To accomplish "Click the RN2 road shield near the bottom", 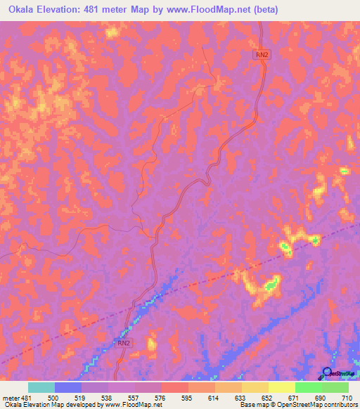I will click(x=124, y=343).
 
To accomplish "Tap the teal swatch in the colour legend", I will click(x=41, y=387).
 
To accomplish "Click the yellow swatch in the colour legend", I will click(x=281, y=387).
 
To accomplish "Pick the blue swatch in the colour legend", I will click(x=68, y=387).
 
